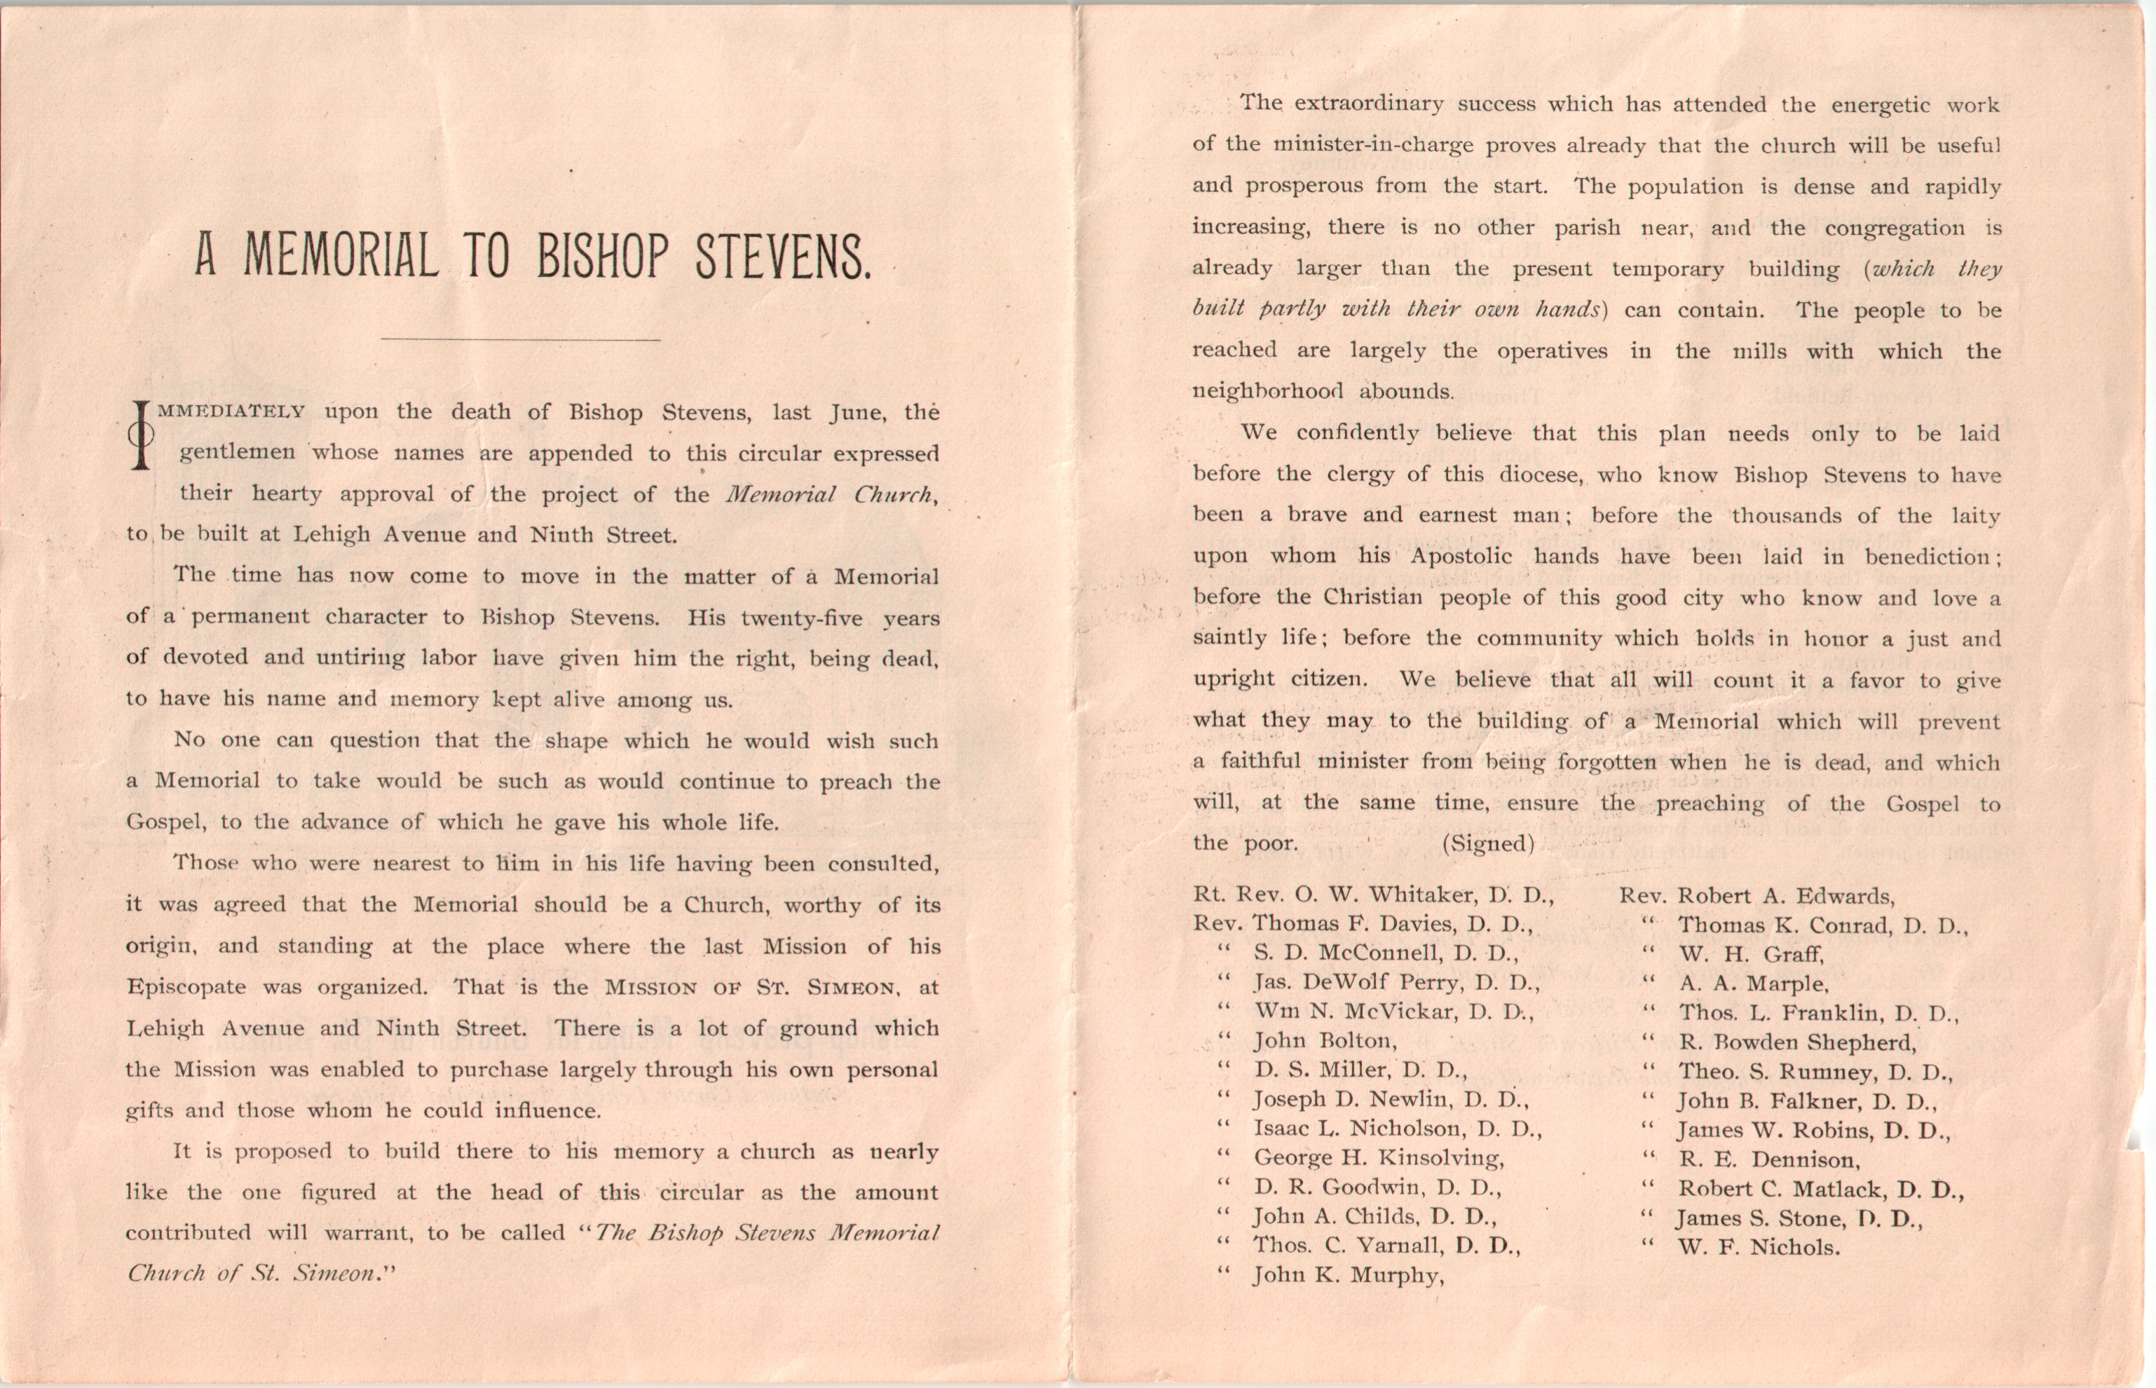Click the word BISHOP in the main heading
pos(603,257)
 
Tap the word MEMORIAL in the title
pos(341,257)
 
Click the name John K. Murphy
pos(1348,1275)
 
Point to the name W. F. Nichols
pos(1758,1247)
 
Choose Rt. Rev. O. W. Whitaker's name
pos(1373,895)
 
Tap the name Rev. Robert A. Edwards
pos(1757,896)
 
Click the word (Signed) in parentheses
pos(1487,843)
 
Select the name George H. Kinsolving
pos(1379,1157)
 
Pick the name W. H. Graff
pos(1751,953)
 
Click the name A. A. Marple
pos(1752,984)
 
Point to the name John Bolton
pos(1325,1041)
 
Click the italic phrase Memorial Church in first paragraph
pos(830,495)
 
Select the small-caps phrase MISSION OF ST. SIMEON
pos(752,987)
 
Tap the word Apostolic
pos(1461,556)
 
